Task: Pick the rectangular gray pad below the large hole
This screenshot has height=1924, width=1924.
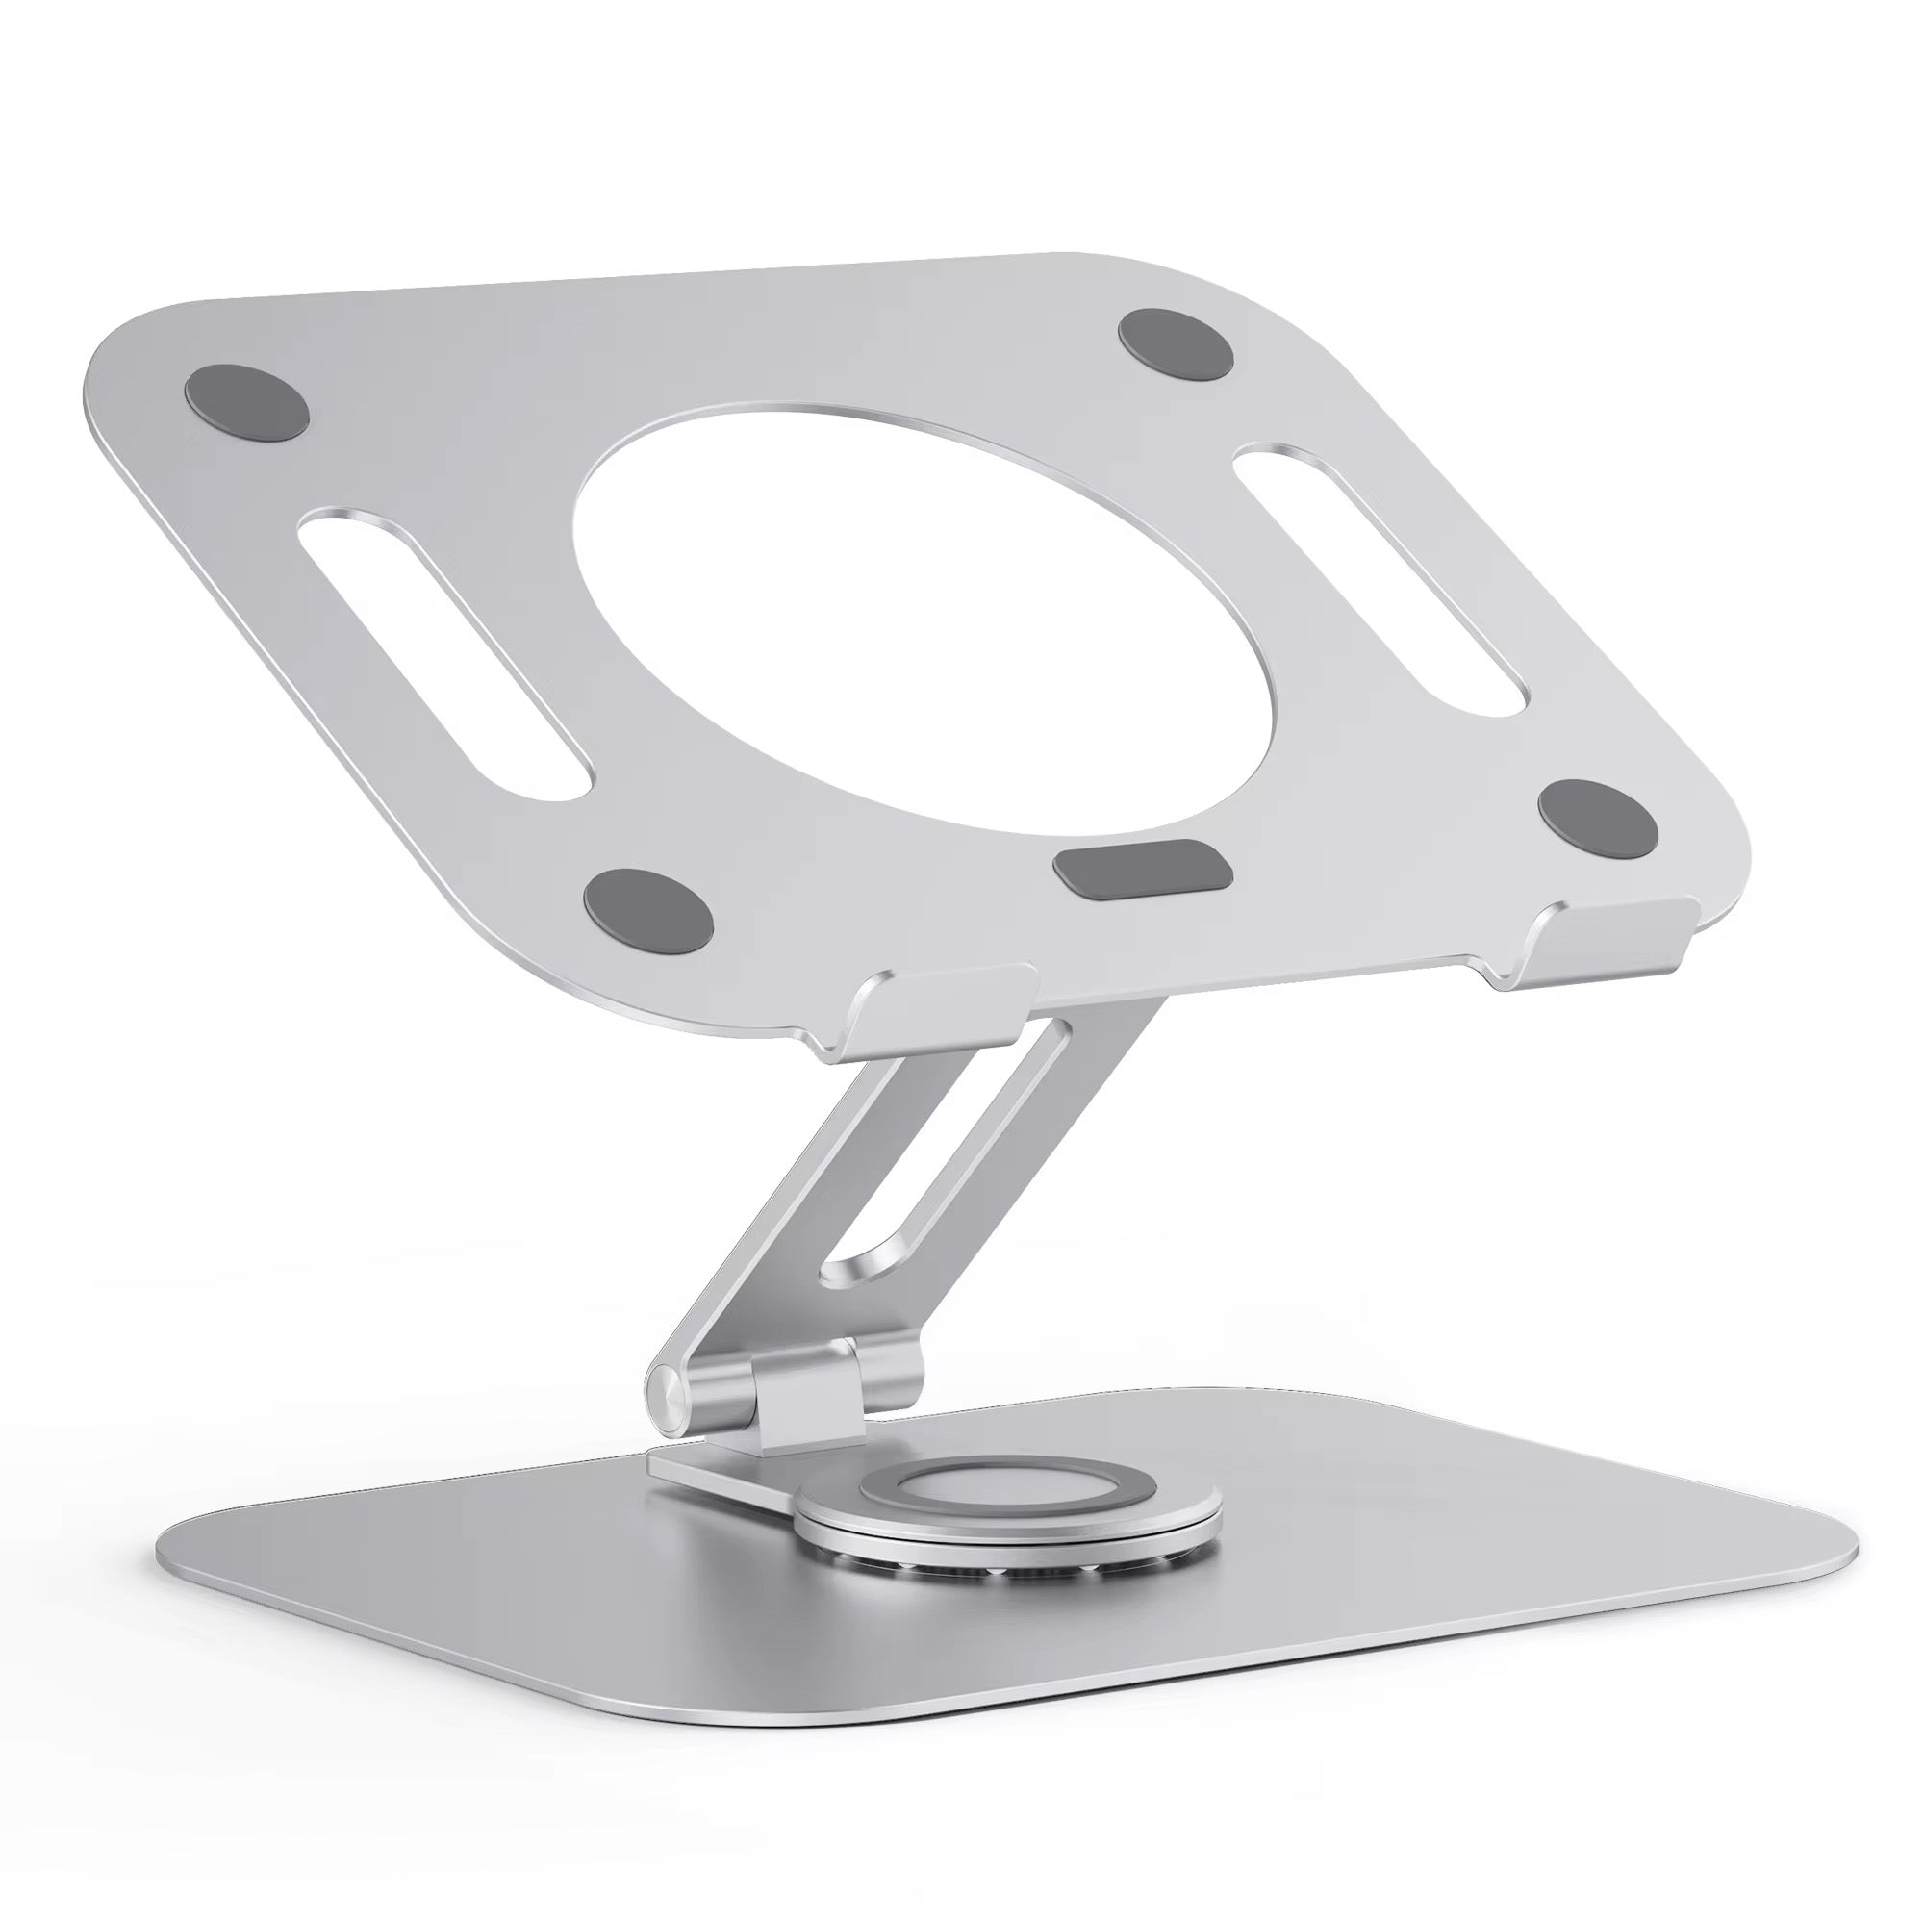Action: pyautogui.click(x=1142, y=866)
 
